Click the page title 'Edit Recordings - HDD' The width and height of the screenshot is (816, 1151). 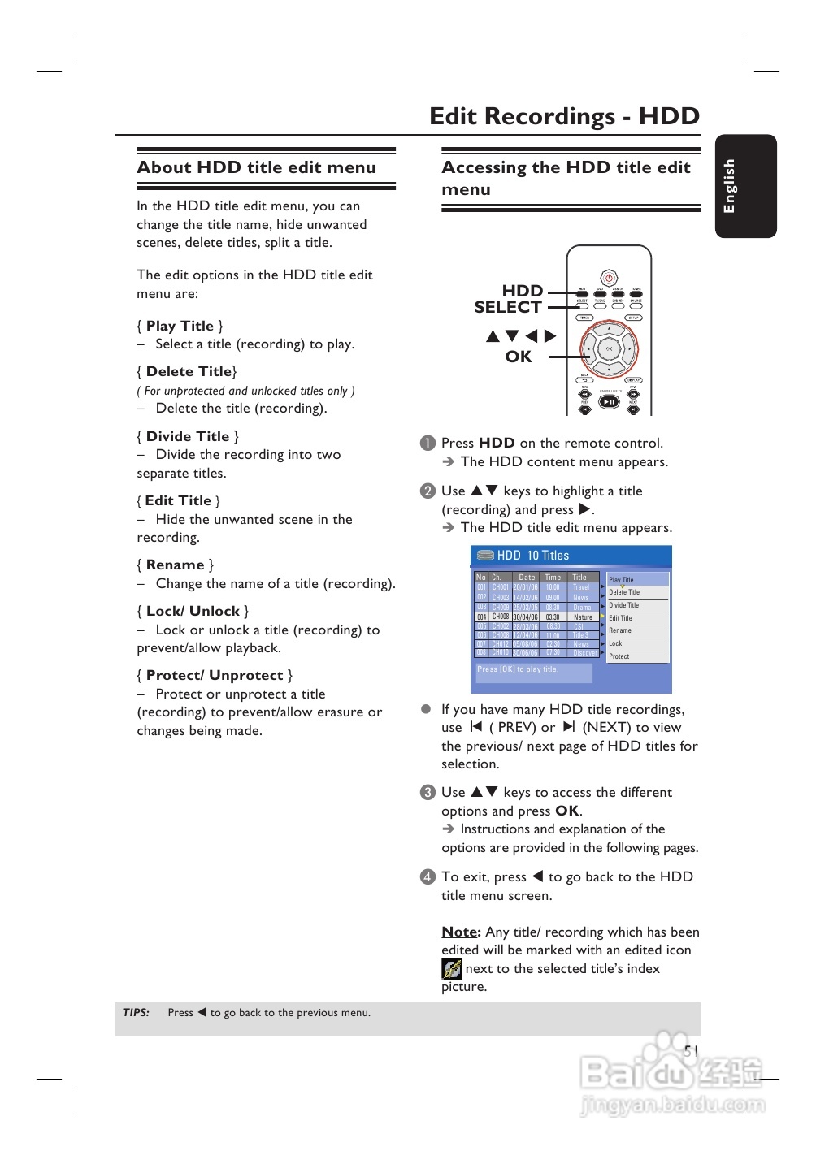[x=564, y=116]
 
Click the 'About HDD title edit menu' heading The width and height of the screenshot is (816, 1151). [x=256, y=167]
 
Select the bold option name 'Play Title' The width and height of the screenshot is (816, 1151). [x=180, y=326]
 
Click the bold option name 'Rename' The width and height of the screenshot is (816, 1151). [x=175, y=565]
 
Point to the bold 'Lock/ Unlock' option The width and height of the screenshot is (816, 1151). [x=193, y=611]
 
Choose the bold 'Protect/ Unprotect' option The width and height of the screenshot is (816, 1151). [x=215, y=675]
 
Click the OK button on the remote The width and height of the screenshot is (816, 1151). [x=609, y=349]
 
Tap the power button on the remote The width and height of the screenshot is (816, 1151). [x=609, y=278]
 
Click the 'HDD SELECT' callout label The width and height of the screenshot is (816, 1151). [x=509, y=299]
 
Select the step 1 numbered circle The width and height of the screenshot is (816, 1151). [x=428, y=443]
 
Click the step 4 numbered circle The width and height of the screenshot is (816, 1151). [x=428, y=876]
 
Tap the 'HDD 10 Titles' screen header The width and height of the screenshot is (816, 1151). [x=533, y=556]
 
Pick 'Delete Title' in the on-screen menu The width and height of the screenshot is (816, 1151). [x=624, y=592]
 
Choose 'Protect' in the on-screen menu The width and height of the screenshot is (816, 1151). [x=619, y=656]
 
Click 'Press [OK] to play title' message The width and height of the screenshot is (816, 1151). [x=518, y=669]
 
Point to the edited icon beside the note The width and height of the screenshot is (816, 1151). [x=451, y=968]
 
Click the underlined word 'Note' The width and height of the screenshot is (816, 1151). [x=459, y=932]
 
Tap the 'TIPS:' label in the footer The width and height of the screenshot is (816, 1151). [x=136, y=1013]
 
